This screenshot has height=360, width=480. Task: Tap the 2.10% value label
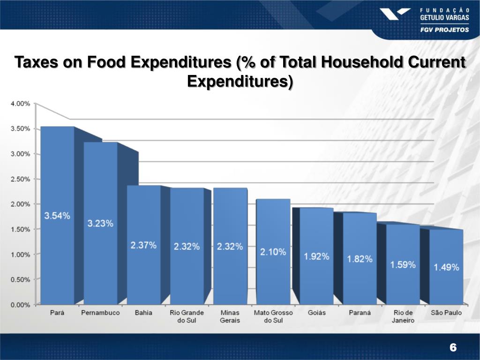[x=273, y=252]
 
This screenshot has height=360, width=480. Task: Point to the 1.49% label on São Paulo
[x=446, y=267]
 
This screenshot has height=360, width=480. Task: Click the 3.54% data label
[x=57, y=216]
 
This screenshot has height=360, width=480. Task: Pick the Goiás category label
[x=316, y=313]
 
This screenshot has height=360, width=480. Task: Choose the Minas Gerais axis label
[x=230, y=316]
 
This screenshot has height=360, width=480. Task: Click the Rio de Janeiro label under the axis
[x=403, y=316]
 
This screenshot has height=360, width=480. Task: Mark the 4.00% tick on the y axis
[x=20, y=104]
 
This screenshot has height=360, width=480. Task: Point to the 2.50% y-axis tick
[x=20, y=179]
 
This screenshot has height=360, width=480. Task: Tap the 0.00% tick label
[x=20, y=305]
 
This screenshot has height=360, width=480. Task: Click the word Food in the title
[x=105, y=62]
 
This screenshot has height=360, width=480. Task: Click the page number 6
[x=453, y=347]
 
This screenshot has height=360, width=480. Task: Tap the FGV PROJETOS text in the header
[x=443, y=29]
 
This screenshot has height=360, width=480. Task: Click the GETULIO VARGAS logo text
[x=444, y=18]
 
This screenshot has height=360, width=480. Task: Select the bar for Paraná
[x=360, y=281]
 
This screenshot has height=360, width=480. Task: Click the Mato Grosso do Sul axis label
[x=273, y=316]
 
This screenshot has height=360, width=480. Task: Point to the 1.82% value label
[x=360, y=259]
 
